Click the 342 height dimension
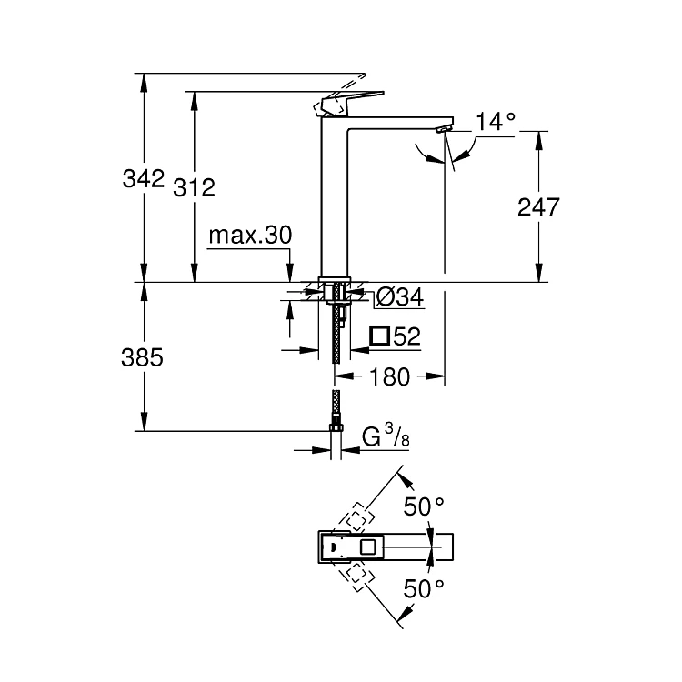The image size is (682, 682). [144, 178]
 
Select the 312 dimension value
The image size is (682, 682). [194, 188]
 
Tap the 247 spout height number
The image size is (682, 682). [538, 207]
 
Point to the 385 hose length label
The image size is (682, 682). [142, 357]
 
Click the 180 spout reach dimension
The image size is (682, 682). [390, 376]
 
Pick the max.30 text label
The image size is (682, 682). [250, 235]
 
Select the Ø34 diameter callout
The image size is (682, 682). [400, 297]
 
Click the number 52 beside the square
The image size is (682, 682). [407, 336]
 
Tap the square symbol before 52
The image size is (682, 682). [380, 336]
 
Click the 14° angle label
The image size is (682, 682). [496, 121]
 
